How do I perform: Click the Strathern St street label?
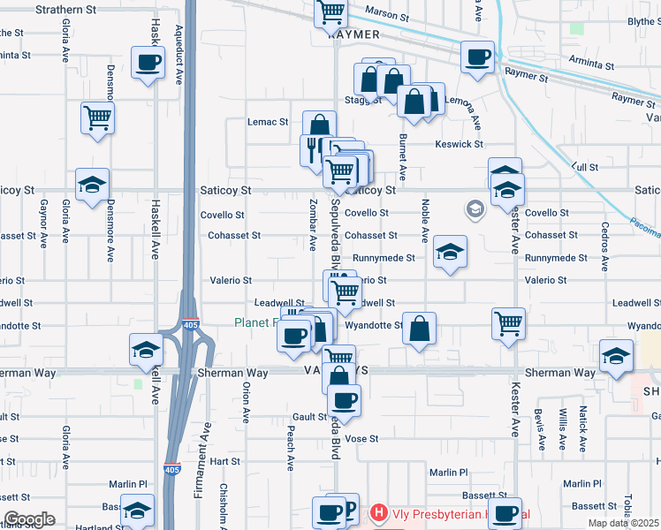[66, 10]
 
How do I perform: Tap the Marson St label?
[387, 16]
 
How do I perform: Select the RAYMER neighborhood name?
[353, 34]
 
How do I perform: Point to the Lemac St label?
[268, 122]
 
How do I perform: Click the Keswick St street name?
[459, 144]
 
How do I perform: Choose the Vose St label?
[361, 438]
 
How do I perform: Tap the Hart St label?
[225, 461]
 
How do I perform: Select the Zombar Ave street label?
[314, 223]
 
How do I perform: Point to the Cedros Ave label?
[605, 237]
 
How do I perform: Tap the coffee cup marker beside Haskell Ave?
[148, 63]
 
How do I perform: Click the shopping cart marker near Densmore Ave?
[97, 117]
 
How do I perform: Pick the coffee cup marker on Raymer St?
[478, 57]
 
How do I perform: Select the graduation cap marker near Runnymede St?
[450, 254]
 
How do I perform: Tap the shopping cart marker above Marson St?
[331, 12]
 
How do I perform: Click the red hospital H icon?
[379, 511]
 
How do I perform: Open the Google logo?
[30, 519]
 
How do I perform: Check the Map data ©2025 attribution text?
[624, 523]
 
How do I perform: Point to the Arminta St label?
[592, 64]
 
